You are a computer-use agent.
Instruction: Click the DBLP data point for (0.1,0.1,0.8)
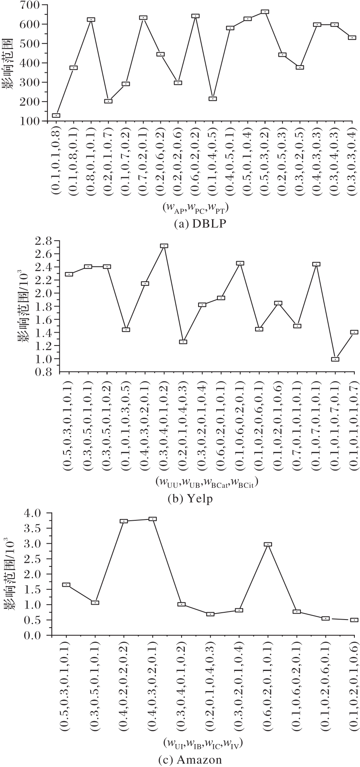click(56, 116)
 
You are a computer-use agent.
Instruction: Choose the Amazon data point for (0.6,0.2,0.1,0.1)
click(268, 544)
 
